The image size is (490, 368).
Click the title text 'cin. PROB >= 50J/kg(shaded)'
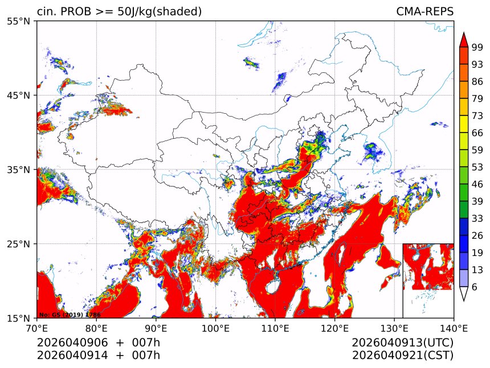[119, 12]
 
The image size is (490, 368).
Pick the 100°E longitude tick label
[215, 328]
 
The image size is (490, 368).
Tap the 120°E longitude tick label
[334, 328]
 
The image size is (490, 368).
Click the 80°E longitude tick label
[96, 328]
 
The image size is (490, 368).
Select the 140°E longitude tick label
[454, 328]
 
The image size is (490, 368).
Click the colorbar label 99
[477, 47]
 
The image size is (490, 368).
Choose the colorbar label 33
[477, 218]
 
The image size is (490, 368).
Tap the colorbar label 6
[475, 287]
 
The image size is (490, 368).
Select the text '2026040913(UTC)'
[402, 343]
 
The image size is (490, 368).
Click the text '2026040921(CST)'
[402, 355]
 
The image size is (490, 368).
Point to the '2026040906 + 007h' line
[99, 343]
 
